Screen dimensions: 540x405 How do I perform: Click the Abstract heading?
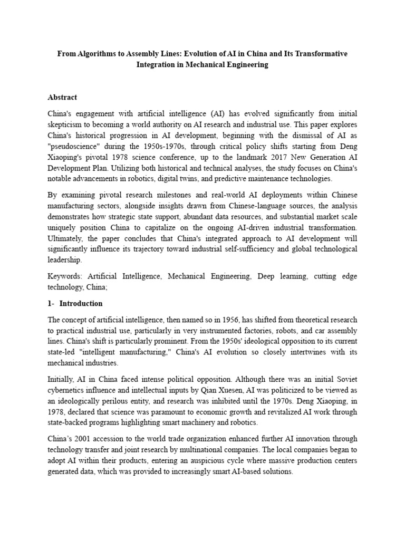[62, 97]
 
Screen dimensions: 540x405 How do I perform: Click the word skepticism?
[70, 124]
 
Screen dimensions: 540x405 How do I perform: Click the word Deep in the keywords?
[270, 276]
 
